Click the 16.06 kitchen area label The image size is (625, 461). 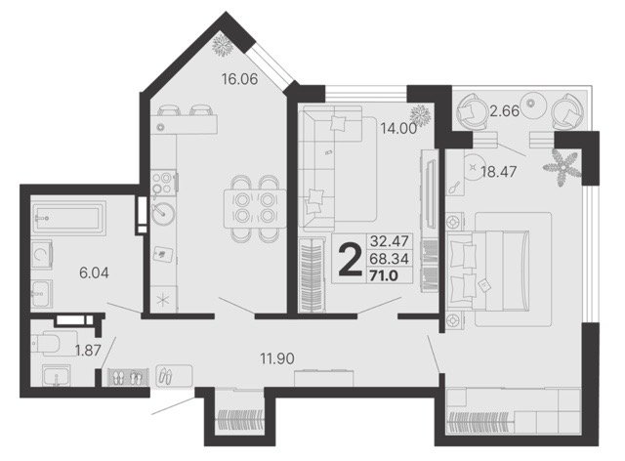click(240, 79)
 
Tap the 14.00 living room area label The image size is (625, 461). click(398, 128)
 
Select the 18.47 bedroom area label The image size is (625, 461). click(499, 172)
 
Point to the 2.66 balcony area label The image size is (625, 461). click(505, 111)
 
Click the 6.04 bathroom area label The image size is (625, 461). click(94, 272)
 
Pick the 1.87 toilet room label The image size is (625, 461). click(88, 350)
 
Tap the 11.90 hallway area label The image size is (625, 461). click(277, 358)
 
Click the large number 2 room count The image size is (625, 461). click(350, 260)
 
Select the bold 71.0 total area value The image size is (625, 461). click(384, 275)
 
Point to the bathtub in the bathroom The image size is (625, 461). click(68, 218)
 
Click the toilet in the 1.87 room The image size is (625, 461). click(50, 343)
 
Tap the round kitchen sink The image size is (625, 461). click(163, 212)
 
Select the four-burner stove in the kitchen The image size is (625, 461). click(163, 183)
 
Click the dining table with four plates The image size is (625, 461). click(255, 209)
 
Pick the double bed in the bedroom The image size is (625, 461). click(488, 270)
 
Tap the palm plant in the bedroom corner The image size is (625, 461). click(562, 168)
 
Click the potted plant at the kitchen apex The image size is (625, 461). click(222, 44)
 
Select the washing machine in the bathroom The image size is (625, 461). click(42, 254)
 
